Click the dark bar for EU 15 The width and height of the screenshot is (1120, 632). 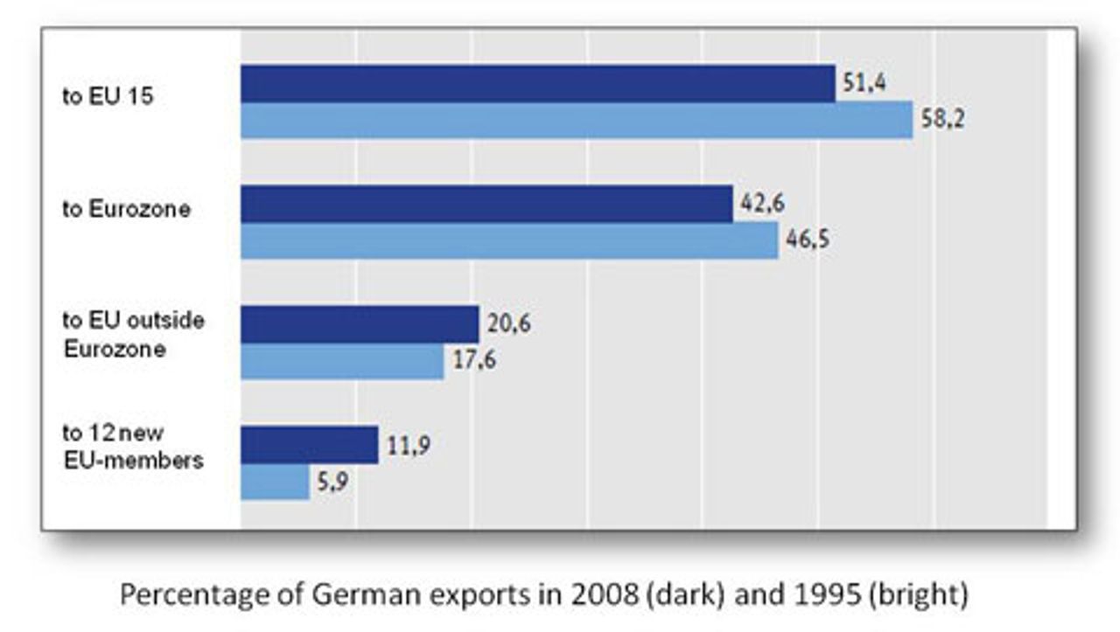(x=537, y=83)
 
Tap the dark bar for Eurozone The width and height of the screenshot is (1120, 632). (x=486, y=204)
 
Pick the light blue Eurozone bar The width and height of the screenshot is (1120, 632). (x=508, y=241)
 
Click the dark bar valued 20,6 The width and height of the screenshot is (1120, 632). (x=359, y=324)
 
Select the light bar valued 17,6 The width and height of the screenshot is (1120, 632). (x=341, y=361)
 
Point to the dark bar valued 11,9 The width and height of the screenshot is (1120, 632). (x=309, y=445)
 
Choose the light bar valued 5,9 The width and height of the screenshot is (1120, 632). (x=275, y=482)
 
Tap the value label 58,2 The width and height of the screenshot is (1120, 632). (x=941, y=120)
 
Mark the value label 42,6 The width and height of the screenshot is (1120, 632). (x=759, y=203)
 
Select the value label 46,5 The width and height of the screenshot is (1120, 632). (x=806, y=240)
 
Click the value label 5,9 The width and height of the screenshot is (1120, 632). (x=332, y=482)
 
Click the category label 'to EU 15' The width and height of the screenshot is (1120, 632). (x=108, y=95)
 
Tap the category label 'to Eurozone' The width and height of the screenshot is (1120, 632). (x=125, y=210)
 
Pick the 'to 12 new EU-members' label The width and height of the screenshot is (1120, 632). (x=132, y=446)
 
